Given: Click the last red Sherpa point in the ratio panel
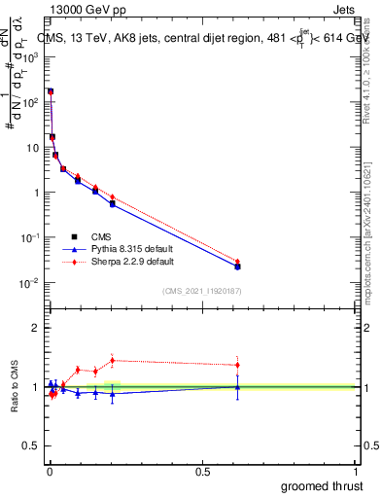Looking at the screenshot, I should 237,365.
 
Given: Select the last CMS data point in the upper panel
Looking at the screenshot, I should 237,267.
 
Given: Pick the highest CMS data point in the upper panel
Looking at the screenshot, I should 51,91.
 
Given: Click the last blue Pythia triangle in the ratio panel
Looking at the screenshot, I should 237,387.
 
